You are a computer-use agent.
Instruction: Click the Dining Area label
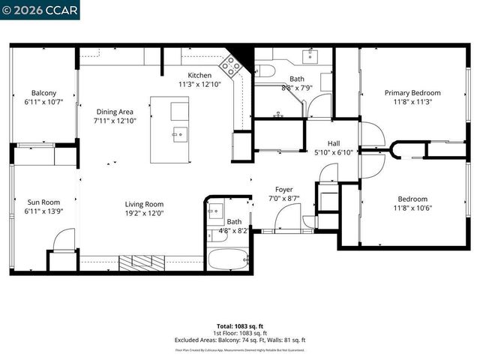[114, 112]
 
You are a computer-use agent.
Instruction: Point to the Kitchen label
[199, 76]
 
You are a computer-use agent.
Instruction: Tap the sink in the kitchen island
[179, 135]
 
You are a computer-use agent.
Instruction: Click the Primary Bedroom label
[412, 93]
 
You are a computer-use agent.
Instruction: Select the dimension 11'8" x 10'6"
[412, 208]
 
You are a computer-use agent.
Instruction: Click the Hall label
[334, 142]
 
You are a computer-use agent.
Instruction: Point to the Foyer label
[283, 190]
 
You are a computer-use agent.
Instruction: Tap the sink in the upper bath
[310, 55]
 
